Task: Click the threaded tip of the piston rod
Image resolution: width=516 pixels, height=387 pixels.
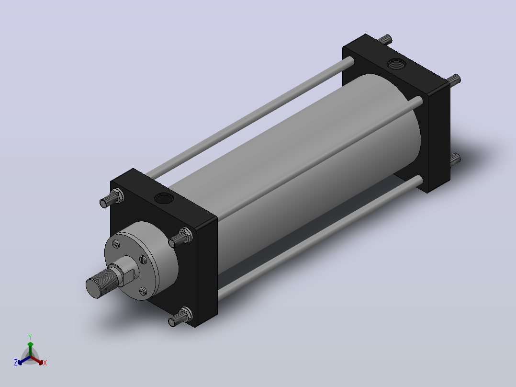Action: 101,283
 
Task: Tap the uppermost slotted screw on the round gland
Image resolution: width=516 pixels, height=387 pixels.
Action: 115,244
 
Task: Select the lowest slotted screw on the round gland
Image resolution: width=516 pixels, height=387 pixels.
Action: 143,291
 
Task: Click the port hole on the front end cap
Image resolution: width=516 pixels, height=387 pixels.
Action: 164,199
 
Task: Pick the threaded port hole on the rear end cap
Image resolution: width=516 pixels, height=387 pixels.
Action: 396,64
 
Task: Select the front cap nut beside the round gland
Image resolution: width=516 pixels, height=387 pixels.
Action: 186,235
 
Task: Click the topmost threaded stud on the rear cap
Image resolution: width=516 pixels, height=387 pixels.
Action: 385,40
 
